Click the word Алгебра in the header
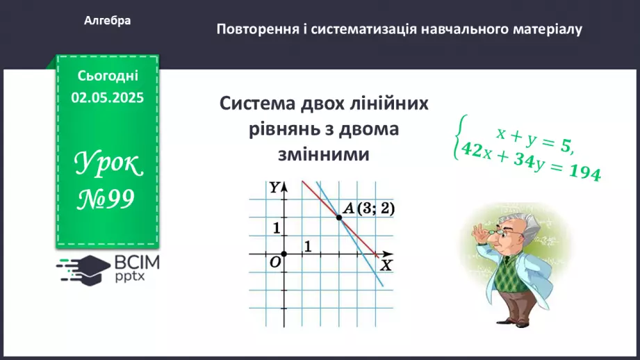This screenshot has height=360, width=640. point(108,21)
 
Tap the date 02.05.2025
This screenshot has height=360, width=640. point(108,98)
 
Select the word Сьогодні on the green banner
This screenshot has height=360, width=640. point(108,76)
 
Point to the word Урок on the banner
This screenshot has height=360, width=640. point(108,165)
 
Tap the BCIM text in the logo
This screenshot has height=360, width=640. point(136,263)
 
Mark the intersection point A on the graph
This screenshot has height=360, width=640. point(339,218)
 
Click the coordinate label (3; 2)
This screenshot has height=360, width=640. point(375,208)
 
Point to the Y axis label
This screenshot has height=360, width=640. point(275,187)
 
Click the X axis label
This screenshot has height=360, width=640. point(386,265)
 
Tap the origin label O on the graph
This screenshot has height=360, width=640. point(274,262)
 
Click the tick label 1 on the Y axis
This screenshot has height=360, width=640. point(276,227)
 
